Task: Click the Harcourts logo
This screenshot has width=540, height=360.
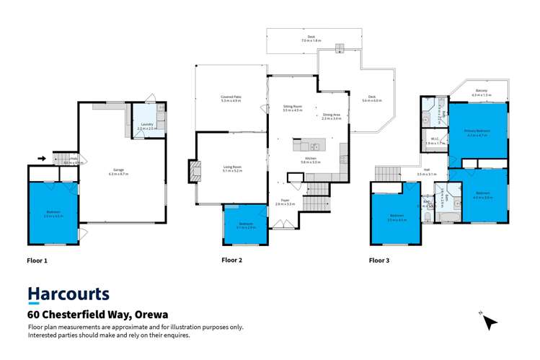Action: (x=68, y=294)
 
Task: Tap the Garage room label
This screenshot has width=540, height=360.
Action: (x=118, y=172)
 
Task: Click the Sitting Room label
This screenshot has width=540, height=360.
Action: (x=292, y=107)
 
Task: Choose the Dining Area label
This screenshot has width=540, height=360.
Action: (x=332, y=115)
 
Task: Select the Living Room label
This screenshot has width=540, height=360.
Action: (x=232, y=168)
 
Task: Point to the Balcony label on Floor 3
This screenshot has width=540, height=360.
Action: (x=481, y=92)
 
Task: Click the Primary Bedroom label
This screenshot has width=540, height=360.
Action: (x=477, y=132)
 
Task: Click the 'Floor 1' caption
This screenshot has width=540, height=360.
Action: (x=37, y=259)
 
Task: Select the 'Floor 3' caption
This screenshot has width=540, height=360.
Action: (x=379, y=259)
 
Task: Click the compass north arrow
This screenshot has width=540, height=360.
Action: (x=490, y=320)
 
